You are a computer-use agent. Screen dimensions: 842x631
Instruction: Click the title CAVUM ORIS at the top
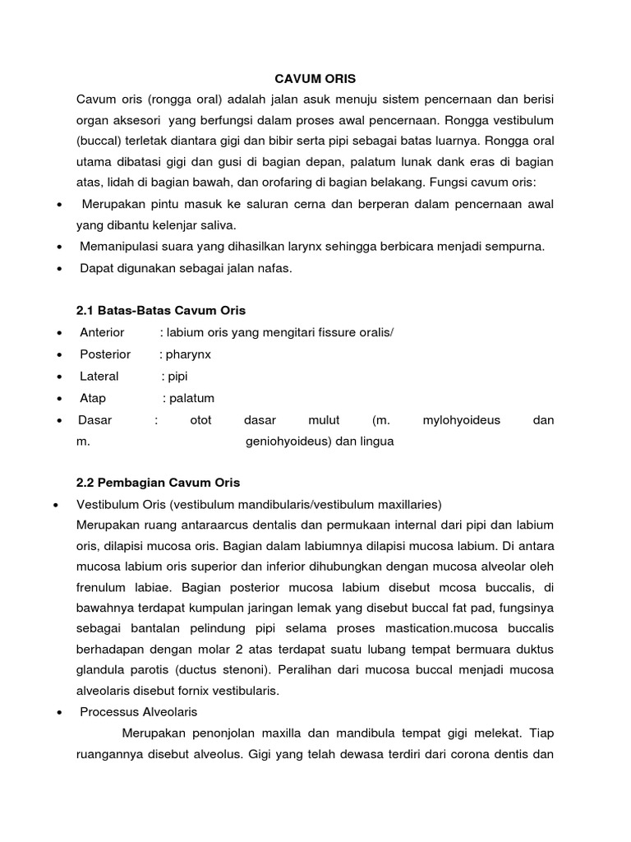[315, 79]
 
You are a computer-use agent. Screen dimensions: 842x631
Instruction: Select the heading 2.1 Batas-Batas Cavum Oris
[160, 310]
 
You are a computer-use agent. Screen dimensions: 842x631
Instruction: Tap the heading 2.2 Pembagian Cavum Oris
[158, 482]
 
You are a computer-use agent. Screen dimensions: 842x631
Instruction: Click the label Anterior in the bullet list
[102, 332]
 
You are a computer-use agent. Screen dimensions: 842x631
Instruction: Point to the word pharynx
[188, 354]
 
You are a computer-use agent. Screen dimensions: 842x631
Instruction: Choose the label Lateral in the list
[99, 376]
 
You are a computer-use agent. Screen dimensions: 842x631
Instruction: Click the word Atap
[93, 398]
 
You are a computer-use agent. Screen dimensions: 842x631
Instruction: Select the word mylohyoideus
[461, 420]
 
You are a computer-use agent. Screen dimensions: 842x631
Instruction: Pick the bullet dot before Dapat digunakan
[60, 269]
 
